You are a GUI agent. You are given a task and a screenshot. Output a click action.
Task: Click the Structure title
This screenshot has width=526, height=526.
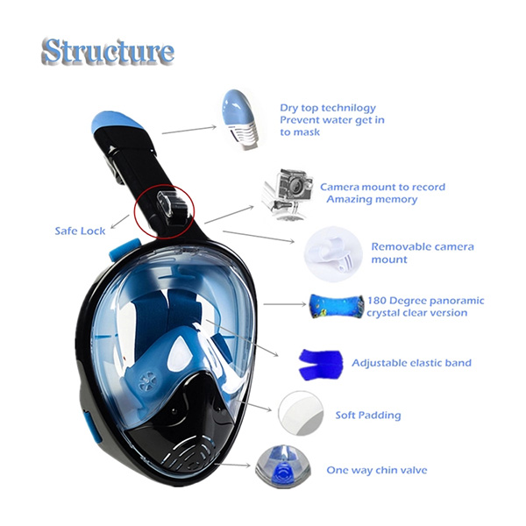tap(107, 52)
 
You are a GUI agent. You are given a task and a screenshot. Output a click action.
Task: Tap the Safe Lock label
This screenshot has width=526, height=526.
tap(80, 231)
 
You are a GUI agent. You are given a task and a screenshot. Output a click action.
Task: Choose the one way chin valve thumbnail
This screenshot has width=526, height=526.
tap(281, 469)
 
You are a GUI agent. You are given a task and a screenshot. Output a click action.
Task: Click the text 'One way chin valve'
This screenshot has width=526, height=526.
tap(377, 471)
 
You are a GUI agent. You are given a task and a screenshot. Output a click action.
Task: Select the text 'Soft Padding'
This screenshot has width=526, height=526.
tap(367, 416)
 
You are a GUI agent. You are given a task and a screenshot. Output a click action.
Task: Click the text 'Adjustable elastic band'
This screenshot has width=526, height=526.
tap(411, 363)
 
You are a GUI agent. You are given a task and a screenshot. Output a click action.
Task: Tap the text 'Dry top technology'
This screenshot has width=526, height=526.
tap(328, 108)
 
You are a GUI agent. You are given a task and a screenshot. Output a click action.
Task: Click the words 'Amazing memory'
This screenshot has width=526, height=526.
tap(372, 200)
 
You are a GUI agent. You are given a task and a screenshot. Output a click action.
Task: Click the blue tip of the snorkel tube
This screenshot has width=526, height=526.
tap(111, 124)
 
